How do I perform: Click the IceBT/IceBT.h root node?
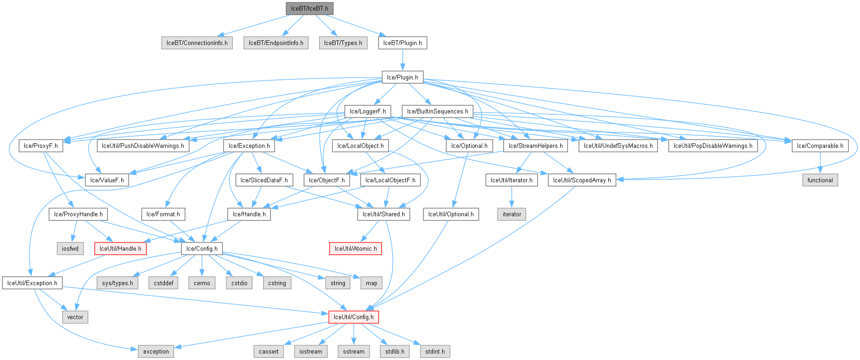pyautogui.click(x=309, y=9)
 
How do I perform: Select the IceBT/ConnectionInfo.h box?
pyautogui.click(x=197, y=43)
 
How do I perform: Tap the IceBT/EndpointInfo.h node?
pyautogui.click(x=276, y=43)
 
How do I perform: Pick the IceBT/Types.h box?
pyautogui.click(x=343, y=43)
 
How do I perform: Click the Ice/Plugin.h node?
pyautogui.click(x=402, y=77)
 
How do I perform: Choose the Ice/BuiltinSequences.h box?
pyautogui.click(x=438, y=112)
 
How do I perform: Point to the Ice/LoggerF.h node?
pyautogui.click(x=367, y=112)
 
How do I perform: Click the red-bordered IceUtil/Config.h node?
pyautogui.click(x=353, y=317)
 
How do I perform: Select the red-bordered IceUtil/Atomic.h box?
pyautogui.click(x=355, y=249)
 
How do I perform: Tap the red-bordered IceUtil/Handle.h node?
pyautogui.click(x=120, y=249)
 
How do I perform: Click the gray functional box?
pyautogui.click(x=820, y=180)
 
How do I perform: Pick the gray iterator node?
pyautogui.click(x=512, y=214)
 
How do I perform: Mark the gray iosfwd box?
pyautogui.click(x=70, y=249)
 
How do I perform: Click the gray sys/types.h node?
pyautogui.click(x=117, y=283)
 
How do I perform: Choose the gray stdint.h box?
pyautogui.click(x=434, y=352)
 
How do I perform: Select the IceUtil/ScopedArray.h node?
pyautogui.click(x=582, y=180)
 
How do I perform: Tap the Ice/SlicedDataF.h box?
pyautogui.click(x=264, y=180)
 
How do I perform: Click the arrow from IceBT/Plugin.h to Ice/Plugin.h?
pyautogui.click(x=402, y=60)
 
